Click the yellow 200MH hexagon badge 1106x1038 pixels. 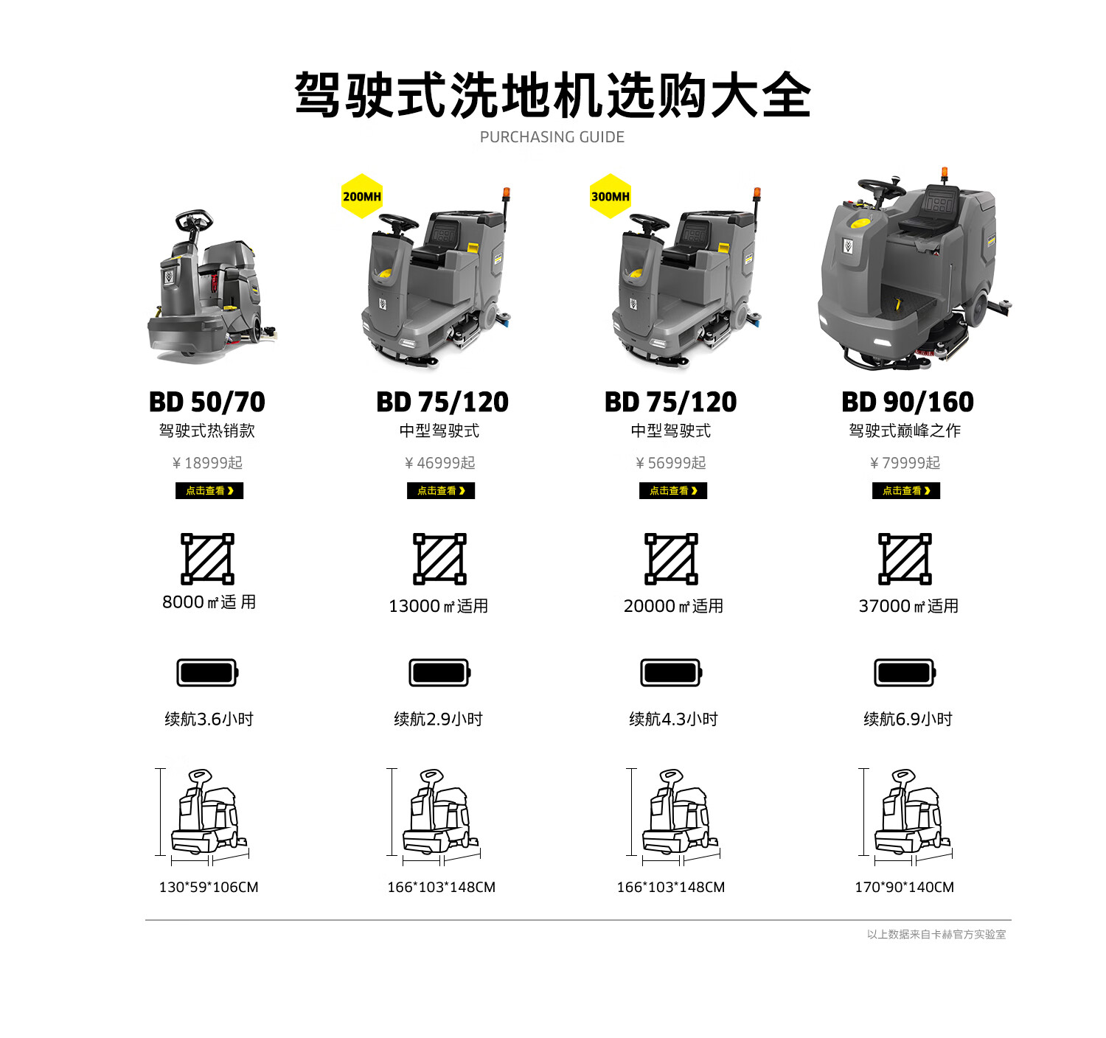point(361,196)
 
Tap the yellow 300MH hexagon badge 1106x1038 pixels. point(610,196)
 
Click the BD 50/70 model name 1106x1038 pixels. point(206,402)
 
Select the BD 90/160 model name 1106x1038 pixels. point(907,402)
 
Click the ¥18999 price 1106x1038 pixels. point(206,463)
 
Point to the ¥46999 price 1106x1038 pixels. point(439,463)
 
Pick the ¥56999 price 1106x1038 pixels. point(670,463)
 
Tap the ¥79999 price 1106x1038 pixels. point(905,463)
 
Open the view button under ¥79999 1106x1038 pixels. point(905,490)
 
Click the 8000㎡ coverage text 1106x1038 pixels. point(209,602)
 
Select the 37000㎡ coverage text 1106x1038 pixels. point(908,605)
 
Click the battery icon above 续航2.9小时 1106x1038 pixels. point(439,672)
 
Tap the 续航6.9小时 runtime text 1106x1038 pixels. point(908,719)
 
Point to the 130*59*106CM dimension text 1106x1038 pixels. point(208,887)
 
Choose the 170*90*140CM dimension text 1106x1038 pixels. point(904,887)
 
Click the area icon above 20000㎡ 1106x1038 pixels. point(670,559)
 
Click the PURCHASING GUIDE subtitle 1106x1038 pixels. point(552,137)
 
